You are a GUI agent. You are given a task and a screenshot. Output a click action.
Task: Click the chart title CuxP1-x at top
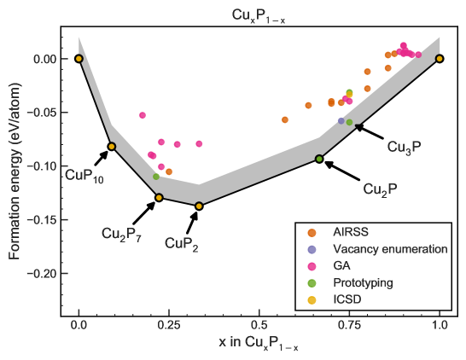tap(259, 15)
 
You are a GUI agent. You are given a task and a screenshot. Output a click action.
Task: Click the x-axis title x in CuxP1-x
tap(258, 344)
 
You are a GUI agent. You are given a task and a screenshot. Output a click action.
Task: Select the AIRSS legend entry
tap(351, 232)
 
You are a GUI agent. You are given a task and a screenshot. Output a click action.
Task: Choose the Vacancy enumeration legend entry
tap(390, 249)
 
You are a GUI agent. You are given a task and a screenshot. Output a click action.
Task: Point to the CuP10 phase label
tap(84, 176)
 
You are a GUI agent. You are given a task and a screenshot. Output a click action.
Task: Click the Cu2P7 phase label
tap(121, 234)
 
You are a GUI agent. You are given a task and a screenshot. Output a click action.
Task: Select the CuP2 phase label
tap(181, 244)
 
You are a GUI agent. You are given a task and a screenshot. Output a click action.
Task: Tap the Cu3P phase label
tap(404, 147)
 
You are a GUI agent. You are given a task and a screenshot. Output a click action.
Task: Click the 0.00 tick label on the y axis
tap(44, 59)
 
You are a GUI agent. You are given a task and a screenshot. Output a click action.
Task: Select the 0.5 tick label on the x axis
tap(259, 325)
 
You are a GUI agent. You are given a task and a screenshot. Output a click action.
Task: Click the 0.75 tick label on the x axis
tap(349, 325)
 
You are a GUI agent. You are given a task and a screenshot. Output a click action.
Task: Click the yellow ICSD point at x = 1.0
tap(440, 58)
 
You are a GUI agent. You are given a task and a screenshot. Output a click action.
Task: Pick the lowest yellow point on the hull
tap(199, 206)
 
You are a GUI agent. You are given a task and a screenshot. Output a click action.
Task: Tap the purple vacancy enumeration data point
tap(341, 121)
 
